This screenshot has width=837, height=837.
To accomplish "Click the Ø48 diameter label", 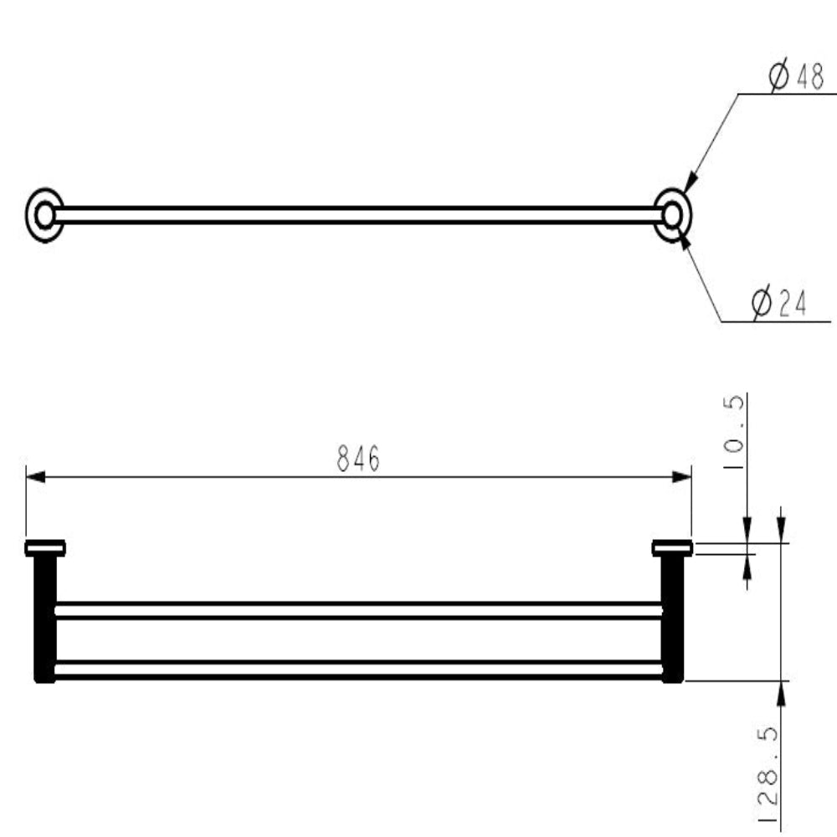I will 796,78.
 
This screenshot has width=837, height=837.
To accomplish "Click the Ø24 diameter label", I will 779,304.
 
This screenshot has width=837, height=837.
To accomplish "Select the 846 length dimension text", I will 358,459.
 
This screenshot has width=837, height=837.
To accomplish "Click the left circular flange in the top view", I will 44,215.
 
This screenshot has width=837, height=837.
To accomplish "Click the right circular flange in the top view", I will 672,215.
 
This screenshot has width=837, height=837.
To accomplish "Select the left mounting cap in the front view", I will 45,548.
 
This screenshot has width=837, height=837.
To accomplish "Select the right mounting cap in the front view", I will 672,548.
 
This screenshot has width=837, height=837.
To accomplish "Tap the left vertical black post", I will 44,619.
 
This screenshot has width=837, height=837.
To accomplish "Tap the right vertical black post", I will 672,619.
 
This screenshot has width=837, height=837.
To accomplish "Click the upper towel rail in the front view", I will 358,610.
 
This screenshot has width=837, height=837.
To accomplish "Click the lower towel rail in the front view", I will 358,670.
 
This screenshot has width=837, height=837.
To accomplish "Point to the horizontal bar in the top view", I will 358,215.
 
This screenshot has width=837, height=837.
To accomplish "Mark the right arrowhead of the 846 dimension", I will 683,477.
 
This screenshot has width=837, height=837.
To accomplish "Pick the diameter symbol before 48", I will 778,78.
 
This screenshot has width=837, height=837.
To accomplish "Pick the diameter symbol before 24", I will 761,304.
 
